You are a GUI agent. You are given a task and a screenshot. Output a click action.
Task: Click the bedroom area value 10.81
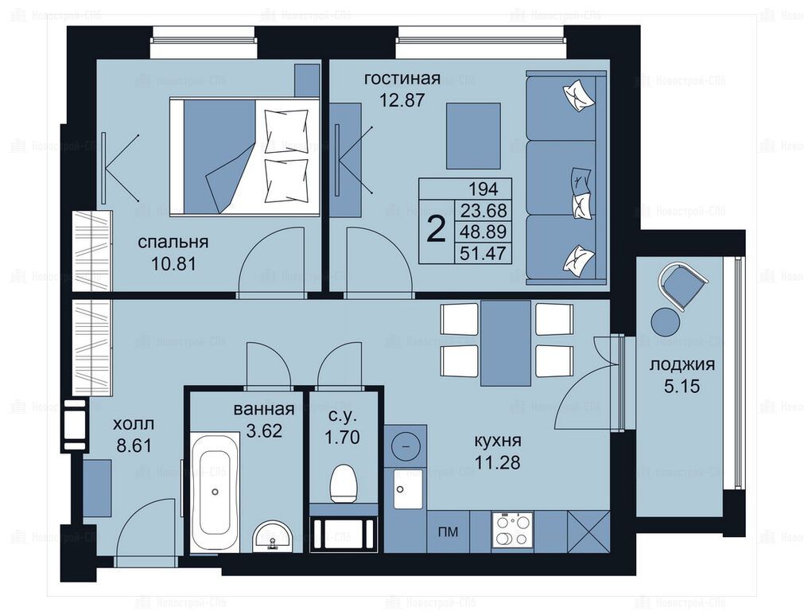click(174, 263)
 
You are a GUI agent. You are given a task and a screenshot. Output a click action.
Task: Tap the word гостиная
click(402, 79)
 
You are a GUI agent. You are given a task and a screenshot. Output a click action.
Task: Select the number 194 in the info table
click(483, 189)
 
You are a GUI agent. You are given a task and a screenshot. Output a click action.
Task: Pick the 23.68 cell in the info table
click(484, 210)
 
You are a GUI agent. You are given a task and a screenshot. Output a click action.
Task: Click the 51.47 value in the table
click(484, 253)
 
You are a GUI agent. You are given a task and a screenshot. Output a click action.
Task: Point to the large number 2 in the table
click(437, 231)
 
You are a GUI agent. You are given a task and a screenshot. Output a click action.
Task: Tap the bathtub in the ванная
click(215, 492)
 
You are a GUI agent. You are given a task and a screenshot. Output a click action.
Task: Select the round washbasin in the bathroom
click(272, 536)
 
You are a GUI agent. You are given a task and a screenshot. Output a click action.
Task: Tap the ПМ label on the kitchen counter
click(448, 532)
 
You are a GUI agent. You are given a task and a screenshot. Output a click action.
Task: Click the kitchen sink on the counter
click(409, 488)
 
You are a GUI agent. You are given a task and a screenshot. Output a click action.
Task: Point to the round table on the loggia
click(666, 320)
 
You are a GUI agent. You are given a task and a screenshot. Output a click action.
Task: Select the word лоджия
click(682, 365)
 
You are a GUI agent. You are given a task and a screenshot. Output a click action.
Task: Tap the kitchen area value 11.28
click(497, 462)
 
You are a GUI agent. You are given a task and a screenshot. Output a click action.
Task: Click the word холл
click(134, 424)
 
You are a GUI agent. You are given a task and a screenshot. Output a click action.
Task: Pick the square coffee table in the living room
click(472, 135)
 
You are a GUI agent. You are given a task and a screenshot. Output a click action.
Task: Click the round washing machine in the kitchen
click(405, 446)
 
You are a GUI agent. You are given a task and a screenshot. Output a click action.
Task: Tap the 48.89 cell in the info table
click(484, 232)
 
